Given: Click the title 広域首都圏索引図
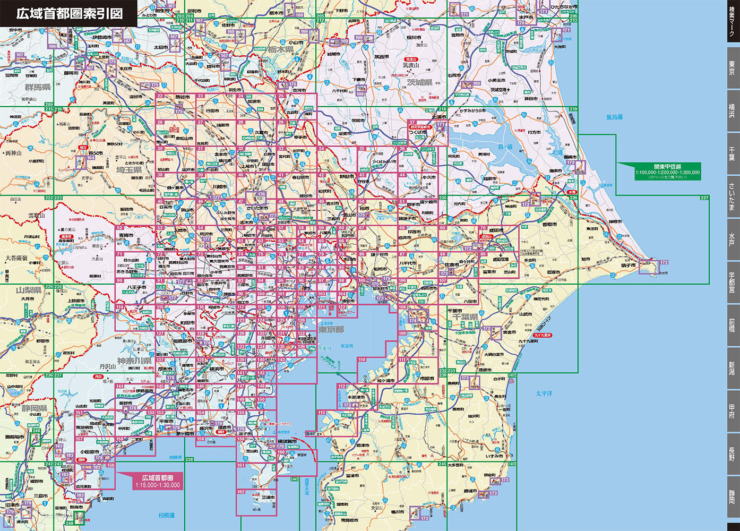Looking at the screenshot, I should (x=69, y=13).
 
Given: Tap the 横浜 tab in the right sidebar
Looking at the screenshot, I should (x=732, y=110).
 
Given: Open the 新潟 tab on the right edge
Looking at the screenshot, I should (x=732, y=367).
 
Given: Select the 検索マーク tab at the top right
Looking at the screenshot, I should (x=732, y=22).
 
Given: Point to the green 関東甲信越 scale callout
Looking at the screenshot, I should (x=667, y=171).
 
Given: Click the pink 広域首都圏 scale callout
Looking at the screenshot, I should (x=157, y=481).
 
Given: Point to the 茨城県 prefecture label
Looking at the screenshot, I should (x=419, y=83).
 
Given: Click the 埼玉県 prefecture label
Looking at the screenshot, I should (x=129, y=169).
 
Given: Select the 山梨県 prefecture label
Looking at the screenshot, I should (x=29, y=290).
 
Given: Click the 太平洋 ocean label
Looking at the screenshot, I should (x=544, y=393).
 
